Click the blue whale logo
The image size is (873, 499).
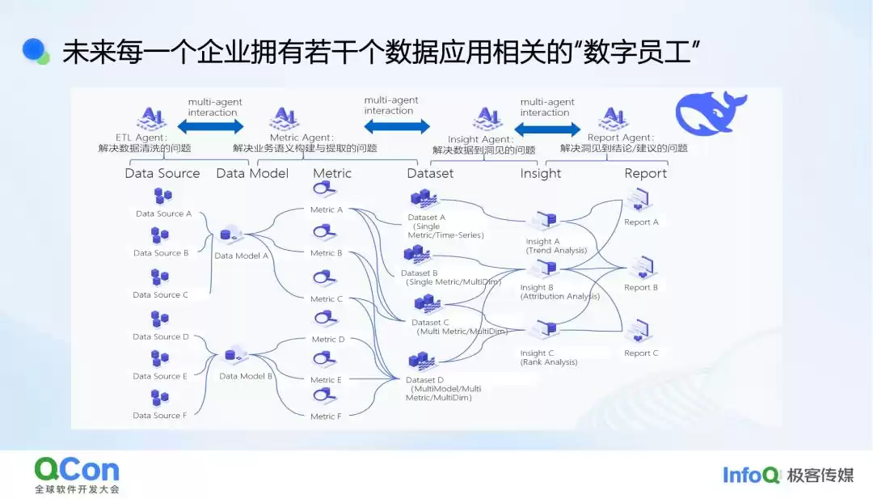coord(710,113)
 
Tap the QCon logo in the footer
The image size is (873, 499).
coord(77,470)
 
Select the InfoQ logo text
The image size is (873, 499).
coord(752,475)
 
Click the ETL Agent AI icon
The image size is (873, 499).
coord(151,119)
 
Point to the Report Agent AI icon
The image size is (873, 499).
coord(613,119)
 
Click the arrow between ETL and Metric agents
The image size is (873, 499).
coord(210,126)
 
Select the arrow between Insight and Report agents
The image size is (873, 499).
coord(547,126)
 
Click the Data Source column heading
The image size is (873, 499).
coord(162,173)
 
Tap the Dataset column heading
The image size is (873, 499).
coord(430,173)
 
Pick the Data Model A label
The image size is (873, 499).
coord(241,256)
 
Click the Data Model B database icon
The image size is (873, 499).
coord(234,355)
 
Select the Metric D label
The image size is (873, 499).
coord(327,340)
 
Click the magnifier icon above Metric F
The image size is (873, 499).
coord(325,396)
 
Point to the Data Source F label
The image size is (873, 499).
coord(160,416)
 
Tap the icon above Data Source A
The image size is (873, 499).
coord(162,197)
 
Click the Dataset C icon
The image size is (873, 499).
coord(425,305)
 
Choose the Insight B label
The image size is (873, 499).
coord(537,287)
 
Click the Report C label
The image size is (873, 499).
coord(641,353)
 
